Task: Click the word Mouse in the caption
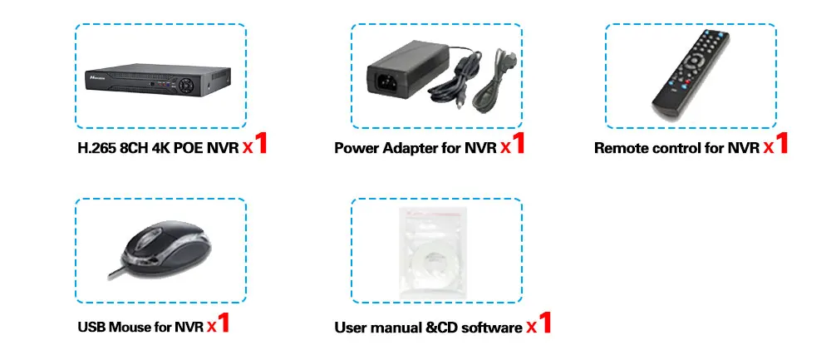130,327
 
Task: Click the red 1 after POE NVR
261,144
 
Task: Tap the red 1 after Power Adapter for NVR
518,144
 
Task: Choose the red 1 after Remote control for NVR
780,144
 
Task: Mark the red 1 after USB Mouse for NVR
223,323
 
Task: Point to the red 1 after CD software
544,323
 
